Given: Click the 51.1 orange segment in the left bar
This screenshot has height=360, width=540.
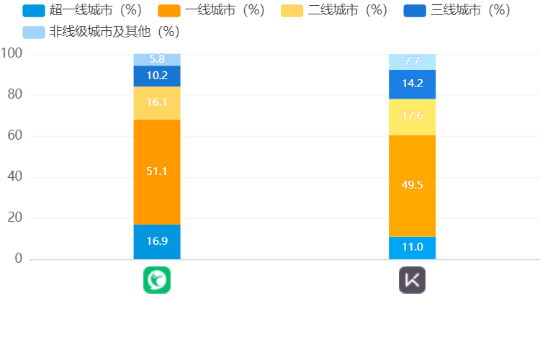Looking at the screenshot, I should click(x=157, y=172).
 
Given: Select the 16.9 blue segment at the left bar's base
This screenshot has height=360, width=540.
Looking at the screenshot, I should click(x=157, y=241).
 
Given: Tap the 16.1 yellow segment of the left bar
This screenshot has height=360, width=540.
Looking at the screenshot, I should click(x=157, y=103).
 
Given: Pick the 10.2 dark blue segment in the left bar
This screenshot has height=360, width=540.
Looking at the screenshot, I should click(x=157, y=76).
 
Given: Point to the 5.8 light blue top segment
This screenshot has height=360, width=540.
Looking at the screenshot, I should click(x=157, y=59).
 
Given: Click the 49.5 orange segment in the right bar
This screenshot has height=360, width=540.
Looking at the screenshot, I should click(x=413, y=186).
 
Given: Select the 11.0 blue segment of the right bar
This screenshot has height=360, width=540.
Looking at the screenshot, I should click(x=413, y=248).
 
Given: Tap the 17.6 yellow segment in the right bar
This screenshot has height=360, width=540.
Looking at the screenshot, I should click(x=413, y=117).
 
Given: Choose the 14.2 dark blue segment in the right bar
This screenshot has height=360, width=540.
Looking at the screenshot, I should click(x=413, y=84).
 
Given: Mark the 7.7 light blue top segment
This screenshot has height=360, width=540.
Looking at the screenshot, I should click(x=413, y=62).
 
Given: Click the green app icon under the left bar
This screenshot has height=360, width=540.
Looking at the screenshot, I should click(x=157, y=280).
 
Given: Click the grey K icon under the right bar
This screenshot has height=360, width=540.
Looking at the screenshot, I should click(x=413, y=280).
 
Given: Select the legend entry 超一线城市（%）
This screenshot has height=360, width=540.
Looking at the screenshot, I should click(x=82, y=11).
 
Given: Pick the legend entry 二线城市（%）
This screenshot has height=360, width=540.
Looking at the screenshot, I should click(x=335, y=11).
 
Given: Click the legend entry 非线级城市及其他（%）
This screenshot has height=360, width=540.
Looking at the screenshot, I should click(x=102, y=32).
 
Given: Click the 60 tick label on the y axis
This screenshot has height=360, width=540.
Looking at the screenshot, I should click(x=14, y=136).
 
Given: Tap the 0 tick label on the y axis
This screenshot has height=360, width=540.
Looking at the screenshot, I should click(x=19, y=258).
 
